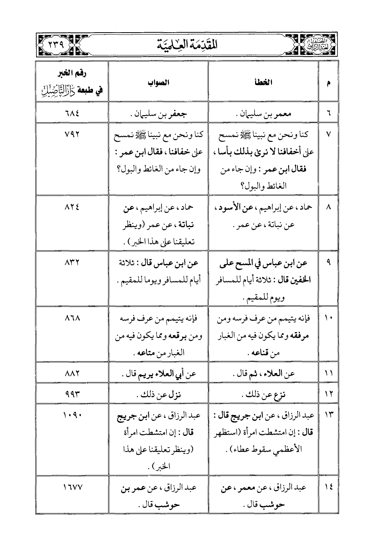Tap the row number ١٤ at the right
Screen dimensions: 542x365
point(328,487)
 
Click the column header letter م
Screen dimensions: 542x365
point(328,83)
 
